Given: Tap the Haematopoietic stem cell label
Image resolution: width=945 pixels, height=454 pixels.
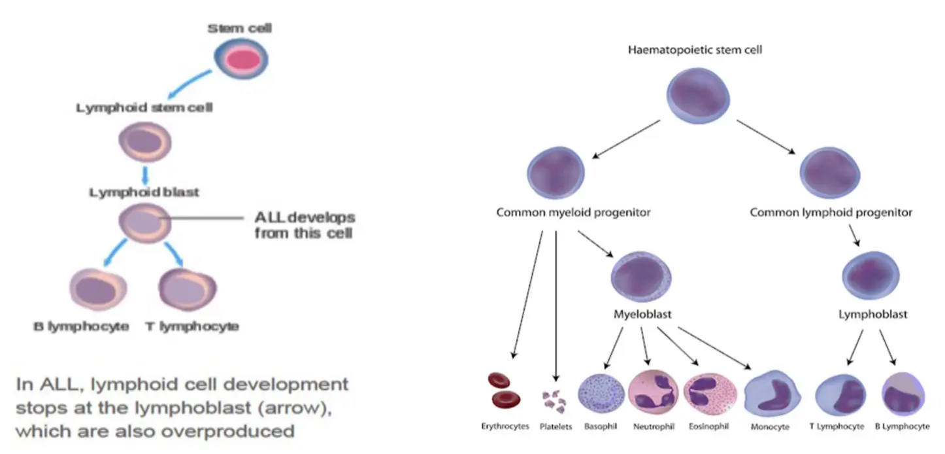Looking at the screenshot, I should coord(695,50).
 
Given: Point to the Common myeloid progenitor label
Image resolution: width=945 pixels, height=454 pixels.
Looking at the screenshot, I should coord(573,213).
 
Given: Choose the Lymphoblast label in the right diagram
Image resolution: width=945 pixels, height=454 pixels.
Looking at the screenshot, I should coord(872,315).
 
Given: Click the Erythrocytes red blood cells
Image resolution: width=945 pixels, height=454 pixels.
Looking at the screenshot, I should coord(504,389).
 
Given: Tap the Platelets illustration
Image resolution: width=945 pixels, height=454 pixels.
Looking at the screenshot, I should coord(555,398).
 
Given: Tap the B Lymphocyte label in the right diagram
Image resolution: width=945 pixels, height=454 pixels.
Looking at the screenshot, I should coord(902,426).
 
